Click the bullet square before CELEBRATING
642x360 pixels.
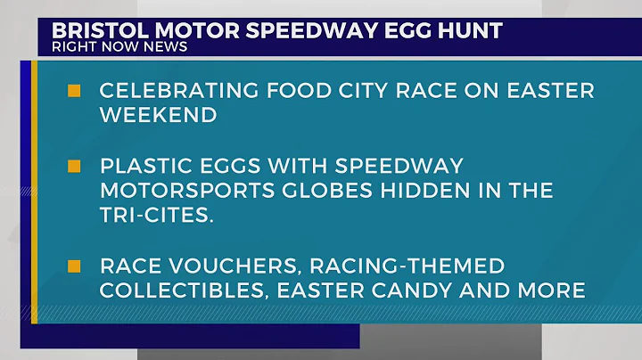pyautogui.click(x=74, y=91)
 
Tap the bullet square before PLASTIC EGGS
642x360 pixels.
pyautogui.click(x=74, y=167)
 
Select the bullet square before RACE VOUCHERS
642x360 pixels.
pyautogui.click(x=74, y=266)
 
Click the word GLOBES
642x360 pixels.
pyautogui.click(x=320, y=191)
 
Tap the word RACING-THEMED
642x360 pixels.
pyautogui.click(x=415, y=266)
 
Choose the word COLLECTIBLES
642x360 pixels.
pyautogui.click(x=185, y=290)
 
